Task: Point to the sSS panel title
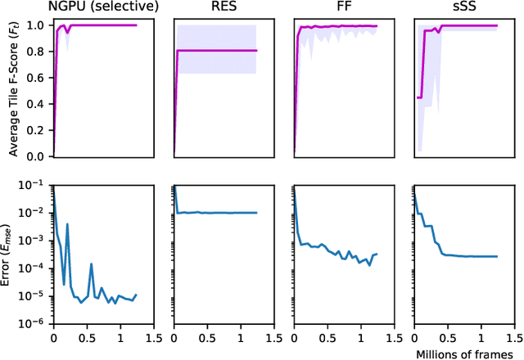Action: pyautogui.click(x=463, y=8)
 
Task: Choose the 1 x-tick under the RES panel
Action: pyautogui.click(x=242, y=335)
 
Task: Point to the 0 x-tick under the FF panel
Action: pyautogui.click(x=294, y=335)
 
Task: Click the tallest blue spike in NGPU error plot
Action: pyautogui.click(x=67, y=224)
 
